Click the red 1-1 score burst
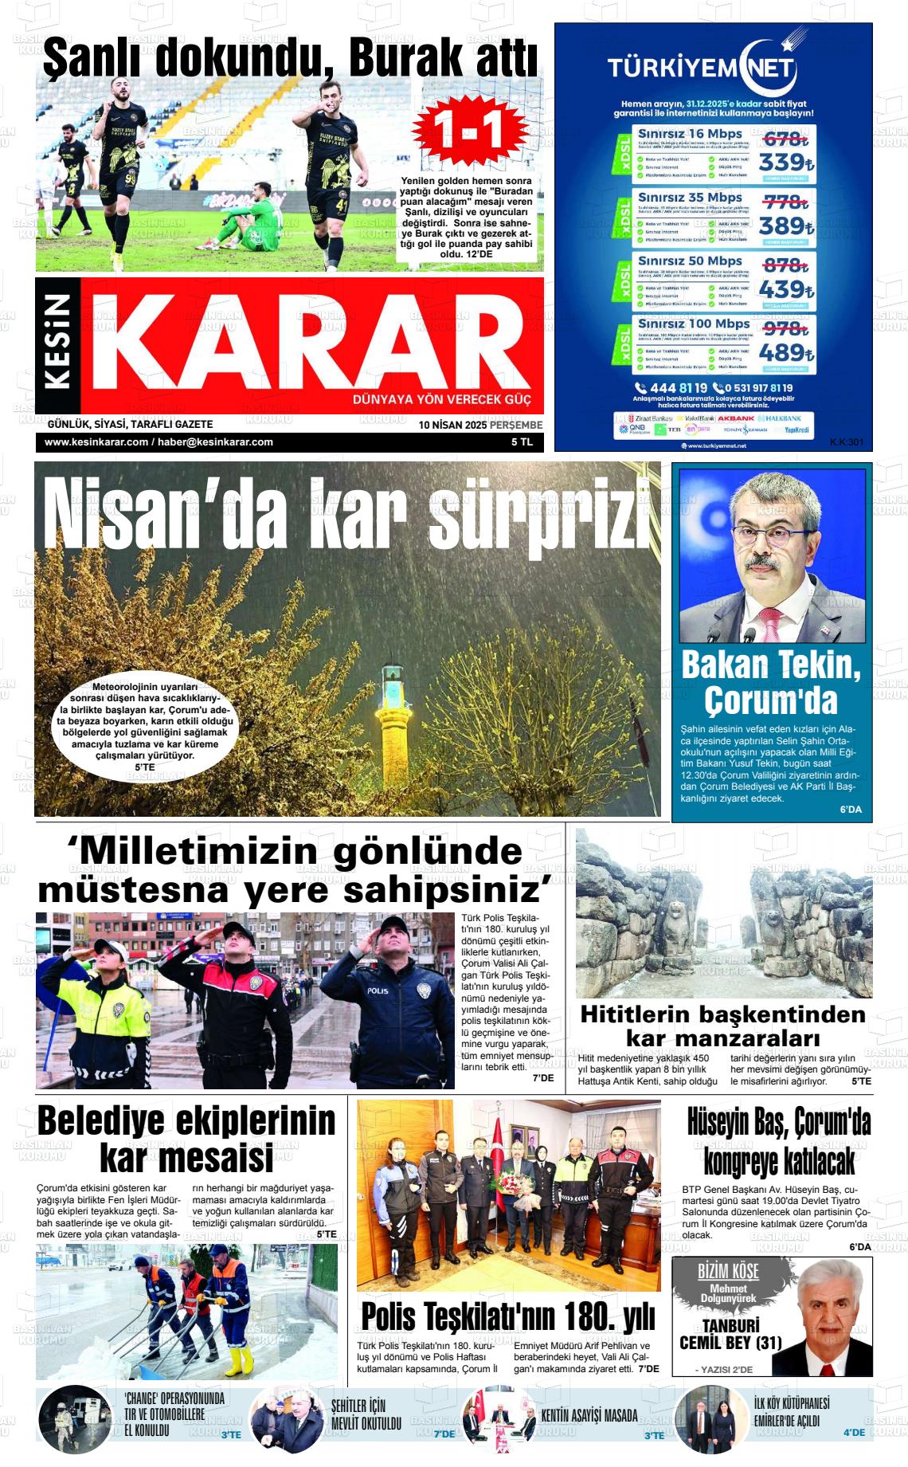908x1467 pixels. pos(469,131)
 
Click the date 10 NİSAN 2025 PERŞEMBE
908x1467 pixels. pos(480,425)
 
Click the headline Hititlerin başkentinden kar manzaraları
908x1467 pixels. pos(722,1026)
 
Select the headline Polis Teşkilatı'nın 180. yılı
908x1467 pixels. pos(508,1317)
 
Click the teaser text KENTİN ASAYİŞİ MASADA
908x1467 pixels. pos(589,1415)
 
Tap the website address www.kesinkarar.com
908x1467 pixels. pos(97,442)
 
